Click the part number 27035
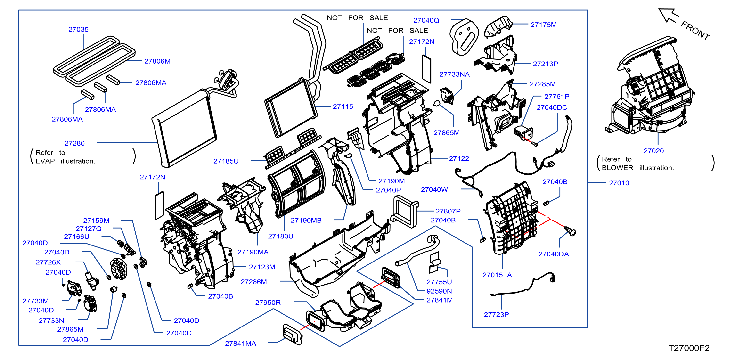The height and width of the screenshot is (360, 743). (x=78, y=29)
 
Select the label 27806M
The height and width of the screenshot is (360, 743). (x=157, y=61)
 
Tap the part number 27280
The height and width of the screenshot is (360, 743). (x=75, y=143)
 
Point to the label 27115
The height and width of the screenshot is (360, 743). (x=343, y=107)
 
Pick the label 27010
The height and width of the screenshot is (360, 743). (x=619, y=183)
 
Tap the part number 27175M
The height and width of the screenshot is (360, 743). (x=544, y=25)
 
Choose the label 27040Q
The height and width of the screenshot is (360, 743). (x=426, y=20)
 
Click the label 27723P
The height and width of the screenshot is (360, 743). (x=496, y=315)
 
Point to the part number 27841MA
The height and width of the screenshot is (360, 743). (x=241, y=344)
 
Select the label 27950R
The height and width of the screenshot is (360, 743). (x=268, y=303)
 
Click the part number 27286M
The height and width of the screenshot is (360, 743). (x=254, y=282)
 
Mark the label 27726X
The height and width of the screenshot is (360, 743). (x=48, y=262)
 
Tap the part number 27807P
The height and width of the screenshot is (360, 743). (x=448, y=211)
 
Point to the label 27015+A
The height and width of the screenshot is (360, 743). (x=497, y=275)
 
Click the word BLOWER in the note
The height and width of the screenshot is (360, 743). (x=618, y=168)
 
